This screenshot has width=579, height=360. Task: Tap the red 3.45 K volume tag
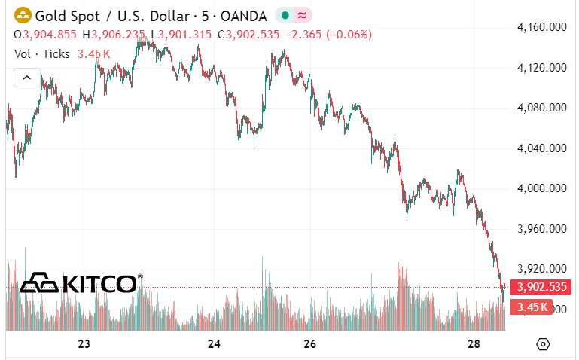click(x=531, y=307)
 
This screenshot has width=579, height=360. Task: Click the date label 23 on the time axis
click(x=84, y=344)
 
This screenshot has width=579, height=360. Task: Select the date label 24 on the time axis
click(x=214, y=344)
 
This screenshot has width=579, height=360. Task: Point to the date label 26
click(x=309, y=344)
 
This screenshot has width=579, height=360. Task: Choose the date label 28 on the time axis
click(x=473, y=344)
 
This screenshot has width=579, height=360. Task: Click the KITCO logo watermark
click(x=80, y=283)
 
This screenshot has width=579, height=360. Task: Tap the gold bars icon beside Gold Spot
click(x=23, y=15)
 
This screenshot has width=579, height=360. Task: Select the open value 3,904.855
click(x=50, y=35)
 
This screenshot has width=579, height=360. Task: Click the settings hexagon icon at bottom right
click(x=543, y=344)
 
